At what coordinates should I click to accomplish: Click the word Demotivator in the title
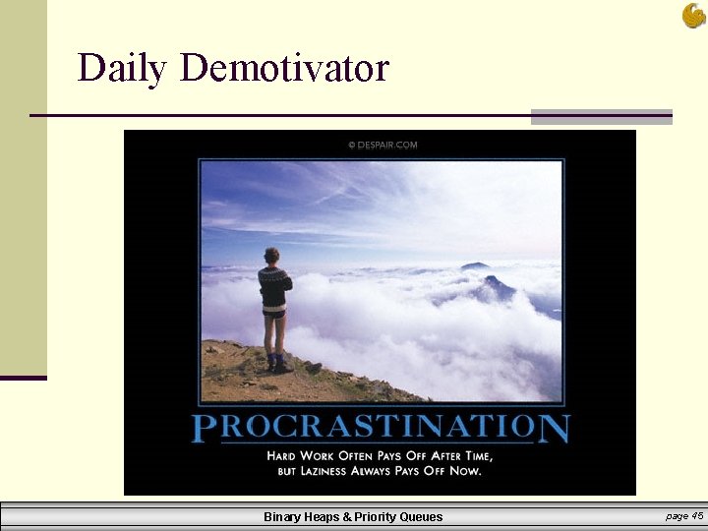(285, 69)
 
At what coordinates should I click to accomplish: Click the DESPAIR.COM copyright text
(383, 145)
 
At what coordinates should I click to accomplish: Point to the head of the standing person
(272, 256)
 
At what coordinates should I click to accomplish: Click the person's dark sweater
(274, 286)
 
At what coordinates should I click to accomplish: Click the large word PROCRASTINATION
(380, 428)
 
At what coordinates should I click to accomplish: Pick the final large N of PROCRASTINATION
(554, 428)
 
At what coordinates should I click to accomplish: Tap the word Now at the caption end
(465, 471)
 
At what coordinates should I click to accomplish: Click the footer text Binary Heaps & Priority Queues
(353, 516)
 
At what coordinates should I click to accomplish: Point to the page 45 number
(683, 515)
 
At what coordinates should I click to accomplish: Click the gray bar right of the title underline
(601, 116)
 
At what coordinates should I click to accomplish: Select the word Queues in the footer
(421, 516)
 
